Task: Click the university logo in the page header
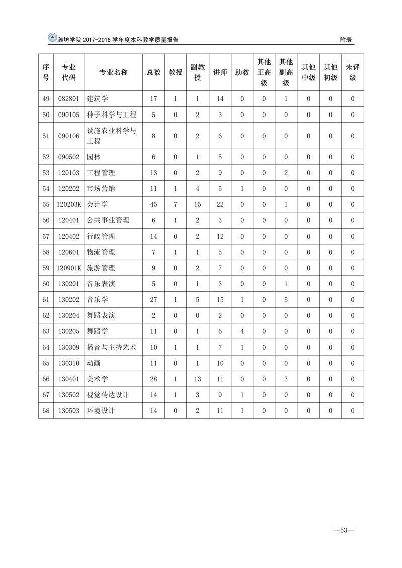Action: [x=52, y=38]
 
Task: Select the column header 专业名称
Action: [x=114, y=72]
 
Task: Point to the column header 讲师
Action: [x=220, y=72]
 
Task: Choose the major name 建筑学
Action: [x=97, y=99]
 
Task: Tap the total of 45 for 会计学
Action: [x=154, y=204]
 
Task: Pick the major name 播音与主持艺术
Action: [x=112, y=347]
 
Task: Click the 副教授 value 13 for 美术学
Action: [x=198, y=379]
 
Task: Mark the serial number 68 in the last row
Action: [x=46, y=410]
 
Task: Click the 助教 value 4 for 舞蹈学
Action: [x=242, y=331]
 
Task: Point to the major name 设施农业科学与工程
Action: [x=112, y=136]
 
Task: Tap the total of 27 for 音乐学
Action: [x=154, y=300]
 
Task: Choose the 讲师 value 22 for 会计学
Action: [x=220, y=204]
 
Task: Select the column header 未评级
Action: [x=353, y=72]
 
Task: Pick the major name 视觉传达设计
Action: [x=108, y=395]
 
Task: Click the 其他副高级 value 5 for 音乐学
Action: [x=286, y=300]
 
